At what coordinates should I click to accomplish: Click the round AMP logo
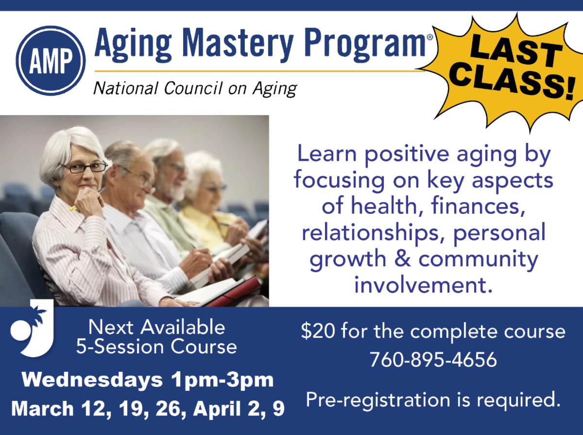click(51, 61)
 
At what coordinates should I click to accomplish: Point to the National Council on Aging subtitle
click(195, 88)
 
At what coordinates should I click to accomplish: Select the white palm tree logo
click(32, 328)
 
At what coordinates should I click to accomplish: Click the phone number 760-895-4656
click(433, 359)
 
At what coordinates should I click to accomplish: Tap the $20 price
click(318, 331)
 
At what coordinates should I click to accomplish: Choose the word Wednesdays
click(92, 380)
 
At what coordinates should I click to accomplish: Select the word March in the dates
click(42, 408)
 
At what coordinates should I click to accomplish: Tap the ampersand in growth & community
click(402, 259)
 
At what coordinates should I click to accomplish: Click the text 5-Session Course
click(156, 347)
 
